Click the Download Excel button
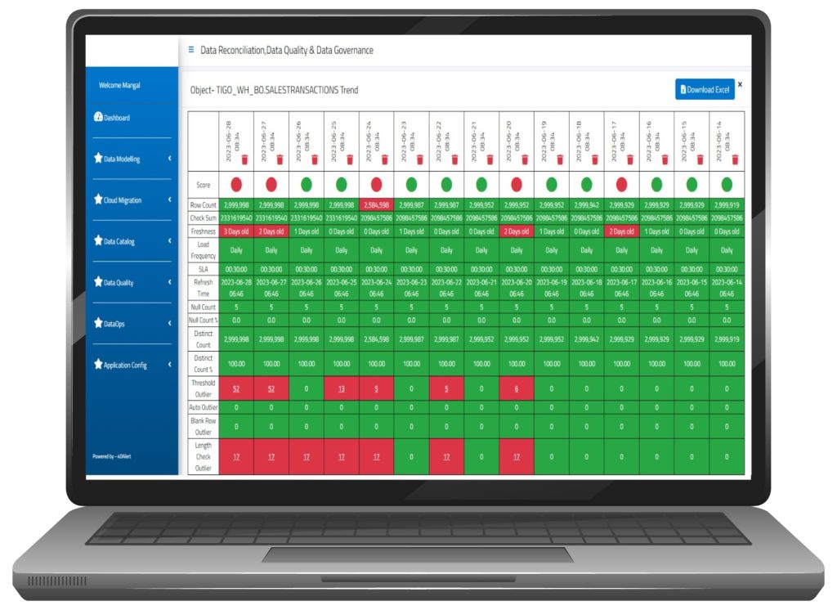point(705,89)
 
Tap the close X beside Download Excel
point(741,83)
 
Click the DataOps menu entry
point(110,324)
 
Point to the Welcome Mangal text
point(119,85)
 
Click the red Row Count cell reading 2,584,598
point(376,205)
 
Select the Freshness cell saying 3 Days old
point(236,231)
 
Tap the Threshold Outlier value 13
point(341,389)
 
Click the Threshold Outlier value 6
point(517,389)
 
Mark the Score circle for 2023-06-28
point(236,183)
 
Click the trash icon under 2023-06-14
point(735,159)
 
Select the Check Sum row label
point(203,218)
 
